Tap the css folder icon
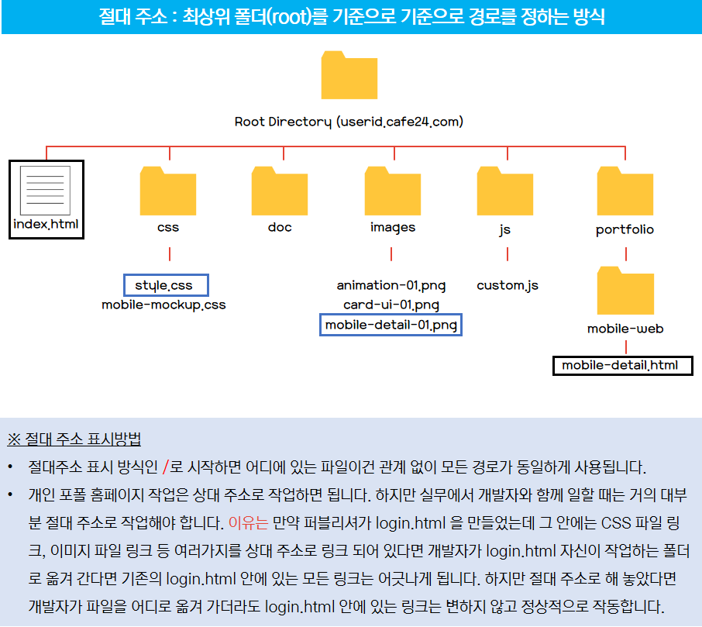(x=167, y=191)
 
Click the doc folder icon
(x=280, y=191)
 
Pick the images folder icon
(x=393, y=191)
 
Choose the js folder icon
(x=505, y=191)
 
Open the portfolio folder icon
(x=625, y=191)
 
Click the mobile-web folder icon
(x=625, y=290)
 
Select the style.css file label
(x=166, y=285)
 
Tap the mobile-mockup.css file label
(x=163, y=305)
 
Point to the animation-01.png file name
(x=391, y=285)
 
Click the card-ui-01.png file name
(x=391, y=305)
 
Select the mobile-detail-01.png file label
(x=391, y=325)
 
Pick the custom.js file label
(x=508, y=285)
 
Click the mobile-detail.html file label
(x=620, y=365)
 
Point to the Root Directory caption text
(x=349, y=122)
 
